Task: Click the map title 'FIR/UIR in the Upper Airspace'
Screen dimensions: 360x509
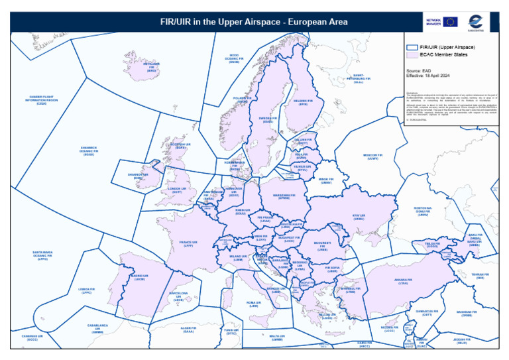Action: click(254, 22)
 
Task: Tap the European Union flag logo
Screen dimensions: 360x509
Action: click(451, 22)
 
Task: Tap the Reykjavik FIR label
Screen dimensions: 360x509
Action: click(152, 67)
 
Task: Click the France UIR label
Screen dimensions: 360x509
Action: click(188, 244)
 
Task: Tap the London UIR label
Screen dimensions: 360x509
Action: click(177, 190)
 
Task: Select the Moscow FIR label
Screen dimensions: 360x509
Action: click(373, 156)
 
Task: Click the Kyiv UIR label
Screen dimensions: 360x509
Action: click(359, 217)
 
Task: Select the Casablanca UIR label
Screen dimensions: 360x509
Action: click(97, 328)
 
